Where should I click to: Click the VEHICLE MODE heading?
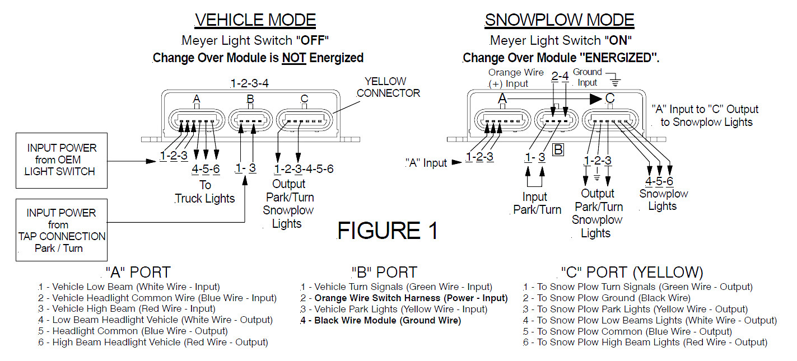pos(255,20)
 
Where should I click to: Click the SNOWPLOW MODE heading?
pos(559,20)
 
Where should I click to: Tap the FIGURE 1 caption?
pos(387,231)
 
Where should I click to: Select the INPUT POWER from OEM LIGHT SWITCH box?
pos(62,160)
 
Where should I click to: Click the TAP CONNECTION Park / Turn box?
pos(62,230)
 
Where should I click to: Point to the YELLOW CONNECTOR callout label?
pos(388,87)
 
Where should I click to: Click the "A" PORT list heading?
pos(137,273)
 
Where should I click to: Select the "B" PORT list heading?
pos(384,273)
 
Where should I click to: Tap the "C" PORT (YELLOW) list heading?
pos(632,273)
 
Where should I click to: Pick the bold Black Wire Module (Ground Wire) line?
pos(381,321)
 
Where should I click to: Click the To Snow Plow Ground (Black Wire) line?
pos(607,298)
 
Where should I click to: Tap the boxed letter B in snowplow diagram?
pos(558,149)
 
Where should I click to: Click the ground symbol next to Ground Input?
pos(616,81)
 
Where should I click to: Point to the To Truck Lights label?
pos(205,191)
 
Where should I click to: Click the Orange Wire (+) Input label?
pos(516,78)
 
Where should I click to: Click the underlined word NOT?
pos(293,58)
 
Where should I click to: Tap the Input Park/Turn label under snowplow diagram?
pos(537,203)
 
